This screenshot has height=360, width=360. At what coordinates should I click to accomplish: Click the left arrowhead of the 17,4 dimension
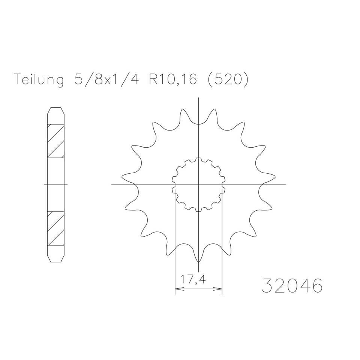click(x=177, y=289)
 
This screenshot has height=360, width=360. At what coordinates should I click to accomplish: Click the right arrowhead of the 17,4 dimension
click(x=220, y=289)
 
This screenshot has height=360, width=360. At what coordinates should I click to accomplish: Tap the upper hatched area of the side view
click(x=55, y=141)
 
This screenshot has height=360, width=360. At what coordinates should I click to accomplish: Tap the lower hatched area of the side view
click(x=55, y=228)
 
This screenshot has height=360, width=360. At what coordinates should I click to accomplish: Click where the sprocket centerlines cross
click(x=198, y=184)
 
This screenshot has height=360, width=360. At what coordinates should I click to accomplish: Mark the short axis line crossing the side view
click(x=55, y=184)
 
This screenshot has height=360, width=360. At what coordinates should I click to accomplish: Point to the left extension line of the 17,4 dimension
click(x=175, y=244)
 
